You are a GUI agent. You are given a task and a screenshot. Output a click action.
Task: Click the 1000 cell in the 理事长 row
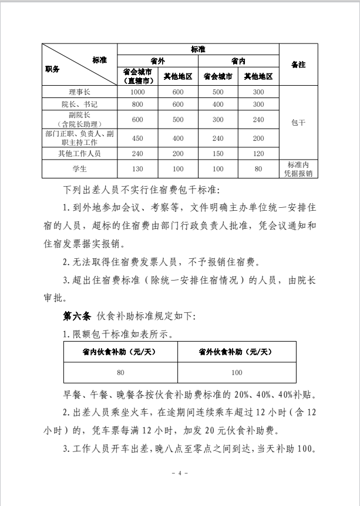[137, 93]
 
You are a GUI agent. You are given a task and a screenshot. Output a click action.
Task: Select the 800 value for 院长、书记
[137, 104]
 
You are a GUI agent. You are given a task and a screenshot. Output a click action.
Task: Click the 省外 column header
[157, 62]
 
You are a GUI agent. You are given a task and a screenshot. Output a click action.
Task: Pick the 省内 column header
[238, 62]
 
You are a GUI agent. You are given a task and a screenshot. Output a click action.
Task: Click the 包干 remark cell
[298, 124]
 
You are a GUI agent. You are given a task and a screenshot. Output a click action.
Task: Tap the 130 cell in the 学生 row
[137, 169]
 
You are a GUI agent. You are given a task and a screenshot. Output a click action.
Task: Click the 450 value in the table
[137, 139]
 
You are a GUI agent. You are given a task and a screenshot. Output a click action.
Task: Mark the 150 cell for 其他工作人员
[218, 153]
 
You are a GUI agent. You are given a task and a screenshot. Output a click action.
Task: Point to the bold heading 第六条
[76, 316]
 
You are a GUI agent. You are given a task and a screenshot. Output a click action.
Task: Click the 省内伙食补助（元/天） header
[120, 352]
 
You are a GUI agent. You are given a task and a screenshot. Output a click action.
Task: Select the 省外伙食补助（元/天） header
[237, 352]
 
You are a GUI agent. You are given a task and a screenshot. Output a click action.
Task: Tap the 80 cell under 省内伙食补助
[120, 373]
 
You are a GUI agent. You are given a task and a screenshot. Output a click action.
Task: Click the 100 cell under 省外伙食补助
[237, 373]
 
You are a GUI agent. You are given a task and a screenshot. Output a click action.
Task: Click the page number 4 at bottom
[180, 473]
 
